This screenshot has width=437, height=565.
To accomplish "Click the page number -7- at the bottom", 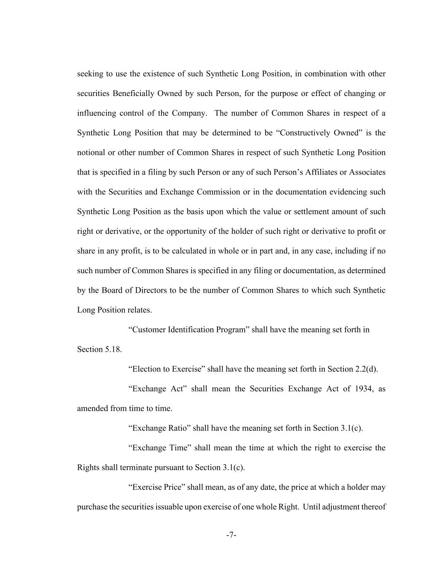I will tap(231, 535).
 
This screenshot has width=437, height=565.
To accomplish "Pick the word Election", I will tap(144, 369).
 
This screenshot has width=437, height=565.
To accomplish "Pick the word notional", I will tap(91, 153).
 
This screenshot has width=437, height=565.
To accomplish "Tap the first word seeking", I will tap(89, 74).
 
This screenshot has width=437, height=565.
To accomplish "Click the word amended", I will tap(92, 409).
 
